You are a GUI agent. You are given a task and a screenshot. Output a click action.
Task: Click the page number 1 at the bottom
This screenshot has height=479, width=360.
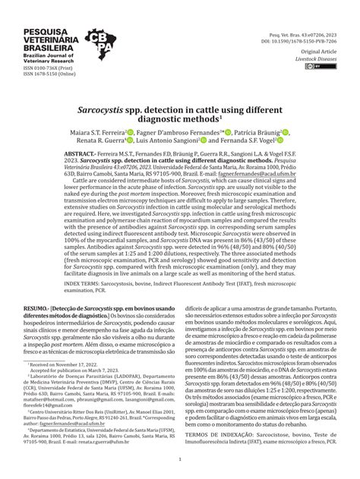pos(180,459)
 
